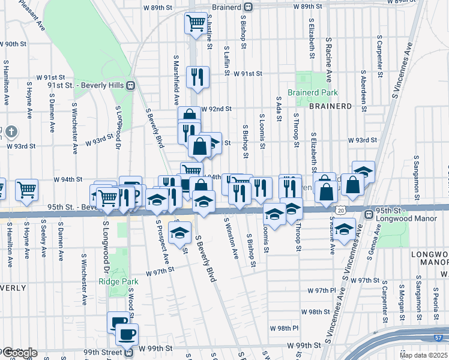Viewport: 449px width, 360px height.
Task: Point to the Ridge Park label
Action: tap(119, 281)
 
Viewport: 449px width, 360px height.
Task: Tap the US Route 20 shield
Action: tap(341, 211)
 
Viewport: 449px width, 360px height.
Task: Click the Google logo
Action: tap(20, 353)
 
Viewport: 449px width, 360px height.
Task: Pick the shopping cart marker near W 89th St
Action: tap(196, 23)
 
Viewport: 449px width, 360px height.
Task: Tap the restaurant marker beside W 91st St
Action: tap(197, 76)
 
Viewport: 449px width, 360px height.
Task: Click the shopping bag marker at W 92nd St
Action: tap(189, 115)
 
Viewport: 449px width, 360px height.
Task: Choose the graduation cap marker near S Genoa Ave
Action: tap(344, 230)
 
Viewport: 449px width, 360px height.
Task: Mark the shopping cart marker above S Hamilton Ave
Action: tap(26, 190)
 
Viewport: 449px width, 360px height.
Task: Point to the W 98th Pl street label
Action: tap(284, 329)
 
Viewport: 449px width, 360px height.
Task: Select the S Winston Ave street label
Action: tap(231, 238)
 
